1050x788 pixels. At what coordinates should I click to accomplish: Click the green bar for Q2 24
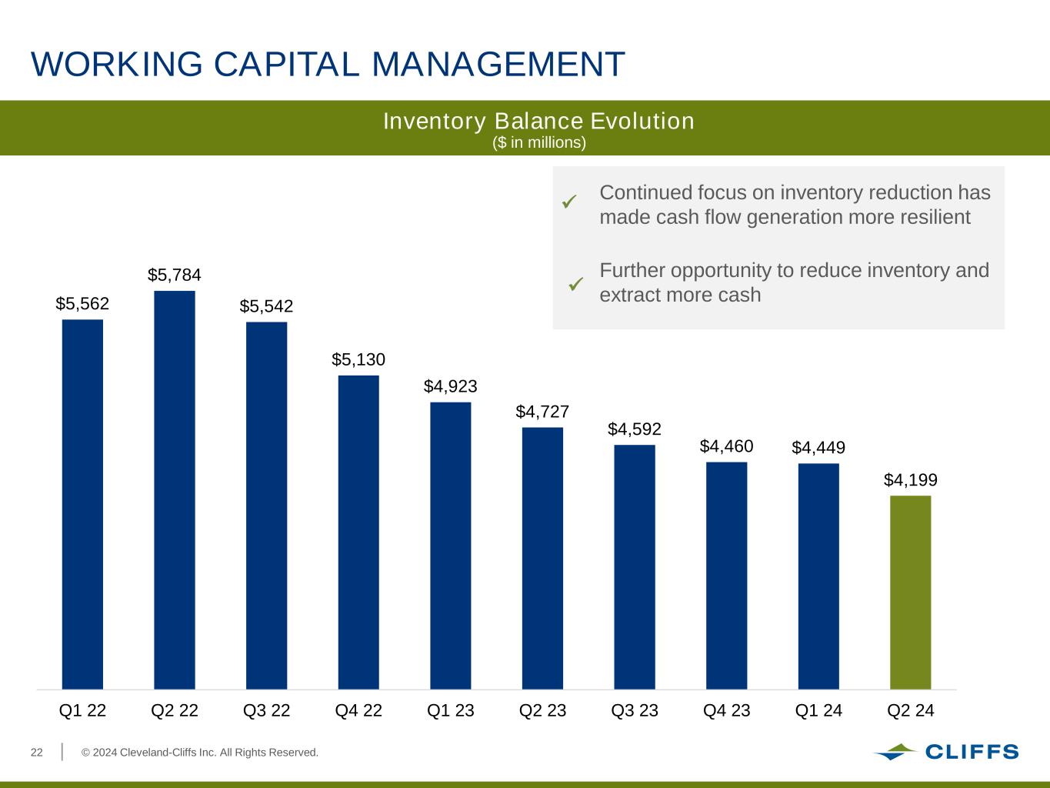910,592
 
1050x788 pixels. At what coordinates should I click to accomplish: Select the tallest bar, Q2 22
175,489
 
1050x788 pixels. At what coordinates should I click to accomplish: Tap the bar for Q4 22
358,532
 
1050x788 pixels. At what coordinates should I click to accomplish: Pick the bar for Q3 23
635,566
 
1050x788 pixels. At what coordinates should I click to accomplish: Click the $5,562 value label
82,304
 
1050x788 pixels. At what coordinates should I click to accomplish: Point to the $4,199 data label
910,480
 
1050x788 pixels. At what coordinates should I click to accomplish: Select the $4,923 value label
450,386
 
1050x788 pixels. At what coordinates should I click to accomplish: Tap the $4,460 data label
726,446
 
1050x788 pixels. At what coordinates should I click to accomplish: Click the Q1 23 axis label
451,710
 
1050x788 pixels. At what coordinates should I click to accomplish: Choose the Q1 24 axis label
818,710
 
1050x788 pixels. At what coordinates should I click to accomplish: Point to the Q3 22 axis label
267,710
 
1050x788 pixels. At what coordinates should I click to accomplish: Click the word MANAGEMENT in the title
498,64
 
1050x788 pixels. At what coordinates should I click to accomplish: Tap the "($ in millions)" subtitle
538,143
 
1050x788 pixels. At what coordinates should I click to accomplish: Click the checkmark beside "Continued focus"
569,202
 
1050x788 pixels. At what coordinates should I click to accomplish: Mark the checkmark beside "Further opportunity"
576,284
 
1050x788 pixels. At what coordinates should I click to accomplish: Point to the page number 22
36,752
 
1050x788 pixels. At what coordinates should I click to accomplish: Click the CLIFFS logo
945,752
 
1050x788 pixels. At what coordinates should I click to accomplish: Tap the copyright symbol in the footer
87,752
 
